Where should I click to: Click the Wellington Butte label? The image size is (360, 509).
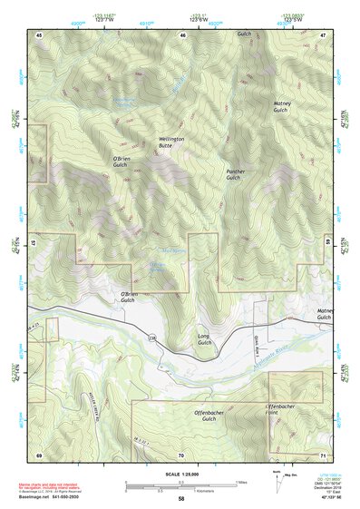tap(170, 142)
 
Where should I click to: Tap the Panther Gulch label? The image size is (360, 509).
tap(235, 173)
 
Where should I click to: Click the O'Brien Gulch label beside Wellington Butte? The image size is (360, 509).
tap(123, 161)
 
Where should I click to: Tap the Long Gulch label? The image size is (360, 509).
tap(204, 339)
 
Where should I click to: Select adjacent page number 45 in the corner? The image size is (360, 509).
tap(39, 34)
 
